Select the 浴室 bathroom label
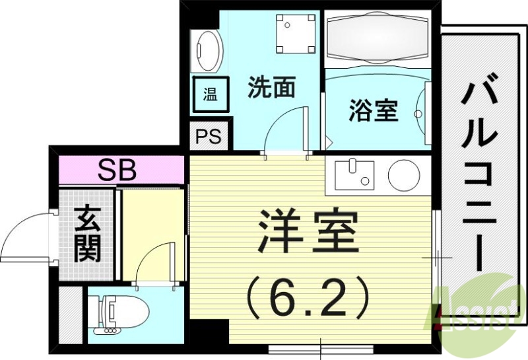click(374, 111)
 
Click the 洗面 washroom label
click(271, 89)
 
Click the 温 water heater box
click(210, 94)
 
